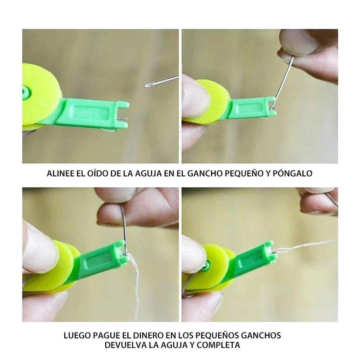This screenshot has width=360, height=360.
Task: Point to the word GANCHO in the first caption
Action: (205, 173)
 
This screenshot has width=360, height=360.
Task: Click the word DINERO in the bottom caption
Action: (148, 335)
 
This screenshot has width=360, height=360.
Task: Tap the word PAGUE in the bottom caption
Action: (105, 335)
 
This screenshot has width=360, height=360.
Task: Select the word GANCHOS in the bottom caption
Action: (261, 335)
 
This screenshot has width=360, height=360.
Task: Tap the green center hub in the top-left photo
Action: (26, 92)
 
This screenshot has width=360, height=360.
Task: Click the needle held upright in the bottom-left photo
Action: (124, 229)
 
